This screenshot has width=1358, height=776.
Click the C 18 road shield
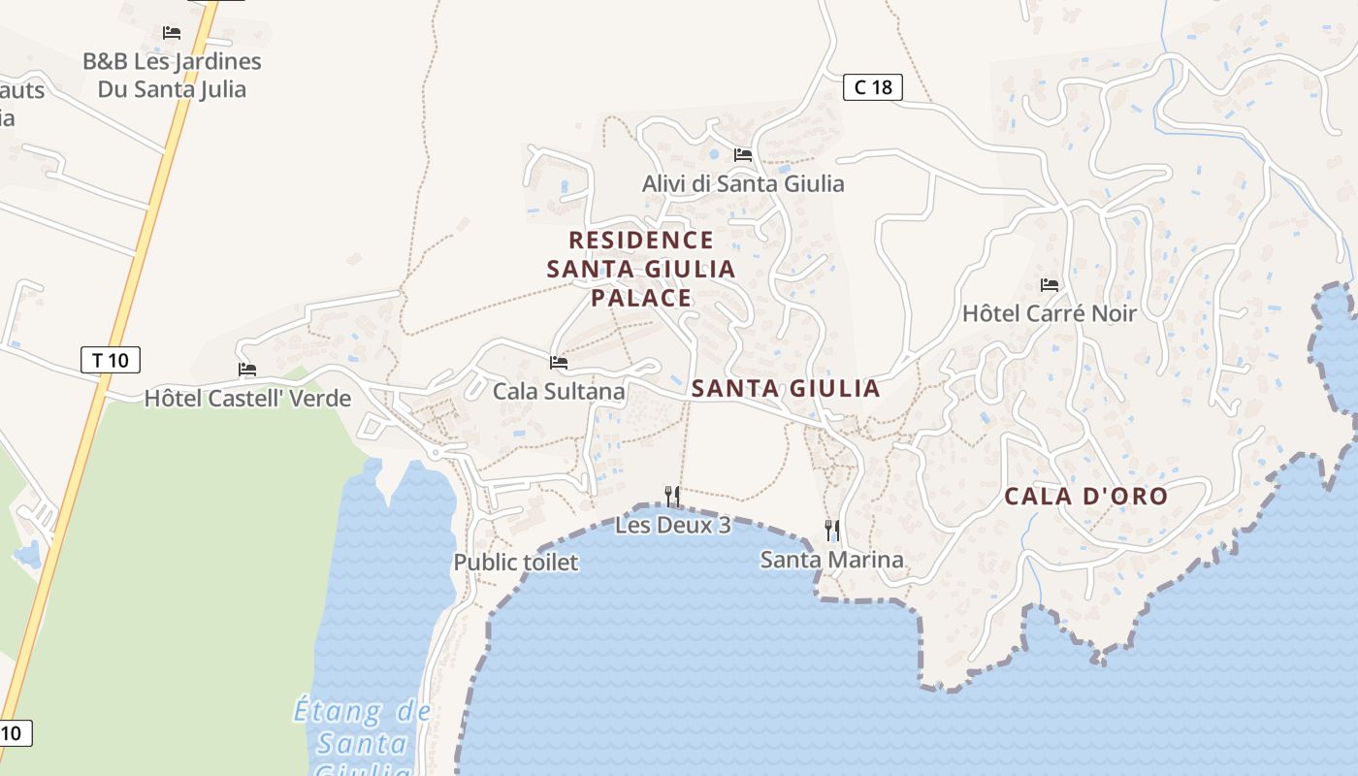tap(872, 87)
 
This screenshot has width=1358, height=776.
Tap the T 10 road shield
tap(110, 361)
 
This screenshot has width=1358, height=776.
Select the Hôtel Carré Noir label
tap(1049, 313)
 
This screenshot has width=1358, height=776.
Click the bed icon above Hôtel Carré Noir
tap(1049, 285)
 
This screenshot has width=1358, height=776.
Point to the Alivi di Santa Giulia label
tap(743, 183)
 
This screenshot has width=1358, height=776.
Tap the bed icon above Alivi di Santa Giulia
tap(743, 155)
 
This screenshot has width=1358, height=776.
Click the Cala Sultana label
tap(559, 391)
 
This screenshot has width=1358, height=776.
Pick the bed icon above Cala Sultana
tap(559, 363)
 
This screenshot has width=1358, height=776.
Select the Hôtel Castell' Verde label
tap(247, 398)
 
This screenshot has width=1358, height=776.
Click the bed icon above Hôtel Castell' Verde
tap(247, 370)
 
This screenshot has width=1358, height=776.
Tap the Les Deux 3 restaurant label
tap(672, 525)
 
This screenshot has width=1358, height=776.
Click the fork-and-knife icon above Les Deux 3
tap(671, 497)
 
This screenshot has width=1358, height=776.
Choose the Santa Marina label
tap(831, 559)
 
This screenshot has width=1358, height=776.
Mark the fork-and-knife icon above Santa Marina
tap(831, 530)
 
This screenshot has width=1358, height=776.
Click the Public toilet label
tap(515, 562)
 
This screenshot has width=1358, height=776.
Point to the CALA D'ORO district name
tap(1085, 497)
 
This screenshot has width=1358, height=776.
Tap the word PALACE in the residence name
tap(641, 297)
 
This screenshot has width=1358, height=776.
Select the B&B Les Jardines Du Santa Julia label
tap(172, 75)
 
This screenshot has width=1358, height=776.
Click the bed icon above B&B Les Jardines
tap(172, 33)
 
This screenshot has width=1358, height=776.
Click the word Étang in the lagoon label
tap(338, 711)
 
